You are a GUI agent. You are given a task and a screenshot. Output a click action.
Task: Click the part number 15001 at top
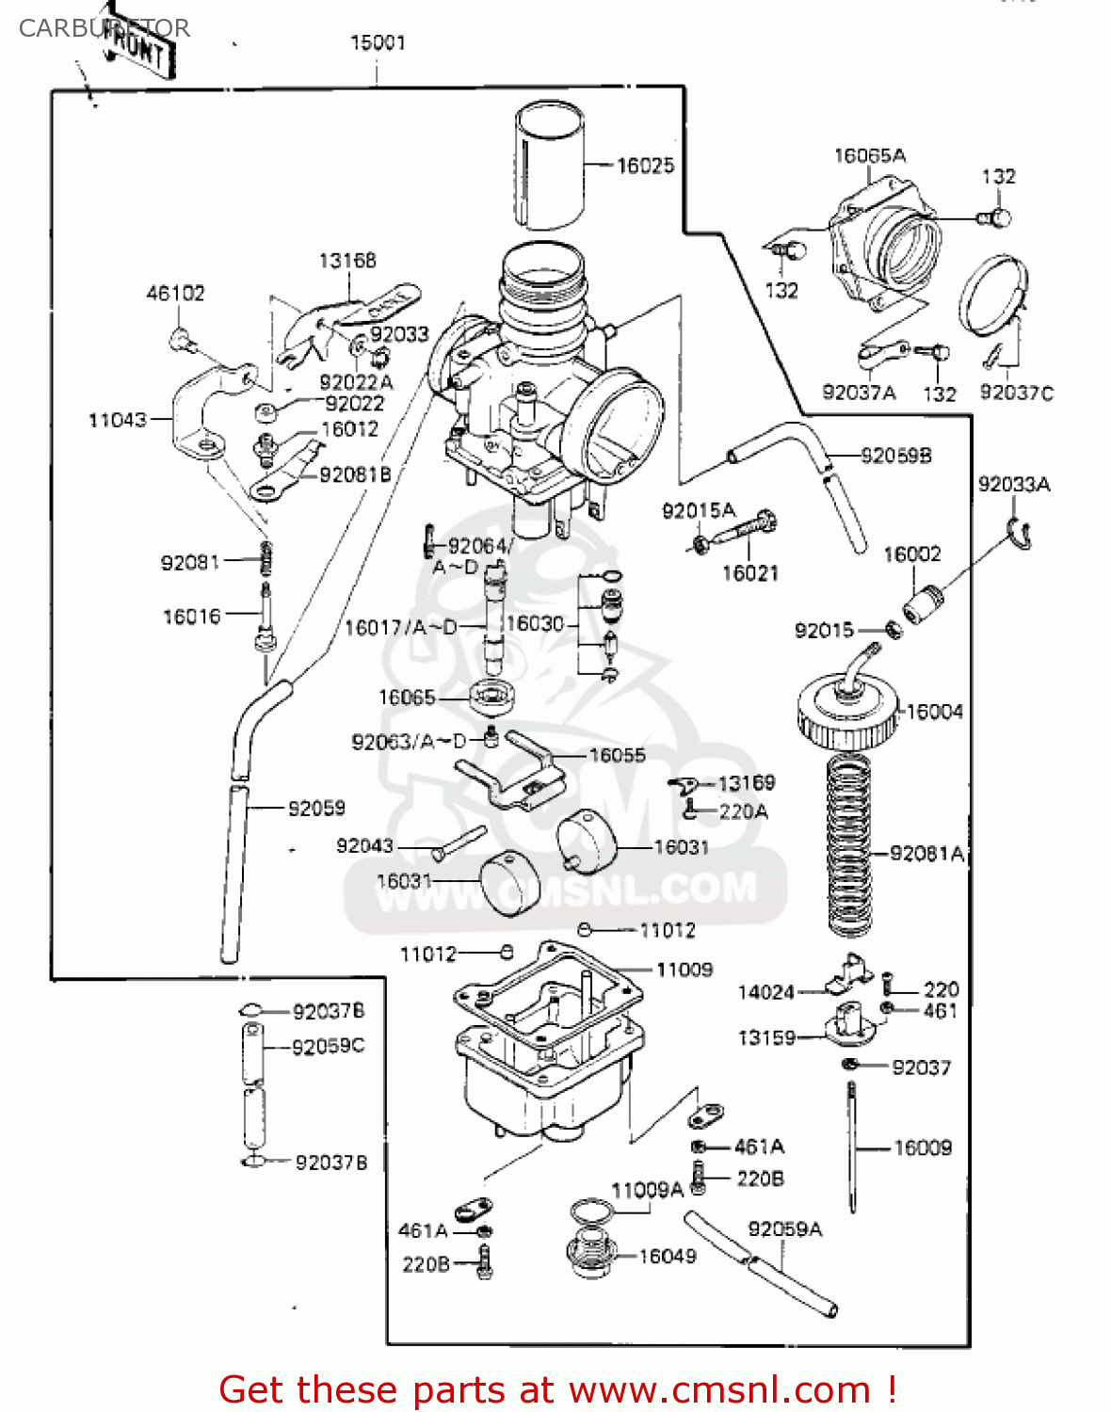coord(378,42)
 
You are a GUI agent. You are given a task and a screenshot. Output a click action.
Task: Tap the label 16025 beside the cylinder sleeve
coord(646,166)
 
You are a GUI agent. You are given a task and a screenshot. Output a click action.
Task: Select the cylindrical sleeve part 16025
coord(549,166)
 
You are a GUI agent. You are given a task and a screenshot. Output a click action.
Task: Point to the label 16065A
coord(870,155)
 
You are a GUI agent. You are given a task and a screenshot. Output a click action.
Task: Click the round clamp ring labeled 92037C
coord(992,295)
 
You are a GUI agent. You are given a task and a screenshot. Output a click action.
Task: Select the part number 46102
coord(175,294)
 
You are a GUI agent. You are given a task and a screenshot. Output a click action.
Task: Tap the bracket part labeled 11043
coord(209,414)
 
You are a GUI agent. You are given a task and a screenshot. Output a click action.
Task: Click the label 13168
coord(347,260)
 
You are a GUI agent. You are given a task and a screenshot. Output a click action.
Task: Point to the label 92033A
coord(1014,484)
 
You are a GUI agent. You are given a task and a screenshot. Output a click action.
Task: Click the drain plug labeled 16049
coord(591,1252)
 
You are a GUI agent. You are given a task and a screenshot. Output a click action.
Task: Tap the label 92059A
coord(785,1229)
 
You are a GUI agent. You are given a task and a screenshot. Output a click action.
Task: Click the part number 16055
coord(618,755)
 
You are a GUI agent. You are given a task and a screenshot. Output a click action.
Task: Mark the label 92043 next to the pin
coord(364,845)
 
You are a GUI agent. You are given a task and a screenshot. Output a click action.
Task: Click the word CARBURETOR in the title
coord(104,28)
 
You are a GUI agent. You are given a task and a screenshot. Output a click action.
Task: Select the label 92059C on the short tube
coord(328,1047)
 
